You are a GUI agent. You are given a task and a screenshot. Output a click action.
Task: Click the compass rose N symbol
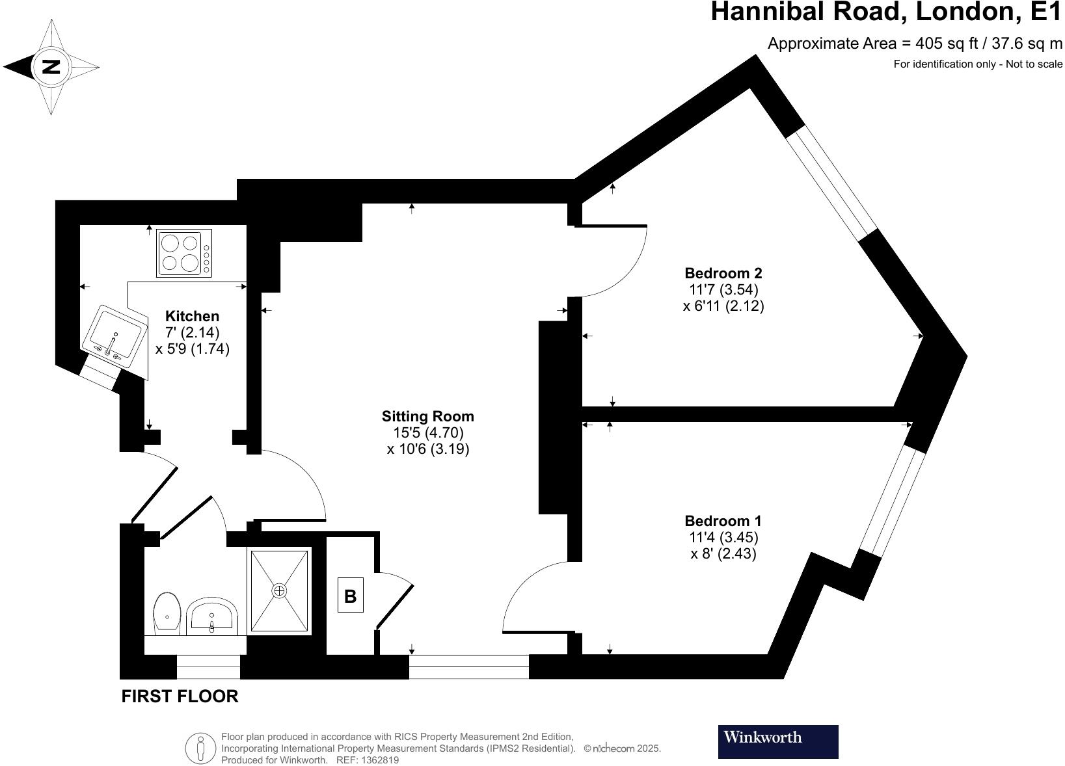coord(51,66)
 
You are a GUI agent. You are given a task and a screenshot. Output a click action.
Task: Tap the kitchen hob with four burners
coord(183,254)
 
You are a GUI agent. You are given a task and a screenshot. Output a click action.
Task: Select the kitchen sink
coord(115,336)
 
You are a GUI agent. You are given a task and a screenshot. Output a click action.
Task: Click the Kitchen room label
coord(192,316)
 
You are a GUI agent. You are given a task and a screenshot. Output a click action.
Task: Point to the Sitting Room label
coord(427,416)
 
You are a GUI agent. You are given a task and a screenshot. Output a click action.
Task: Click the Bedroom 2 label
coord(723,273)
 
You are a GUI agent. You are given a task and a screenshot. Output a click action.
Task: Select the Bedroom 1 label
coord(723,521)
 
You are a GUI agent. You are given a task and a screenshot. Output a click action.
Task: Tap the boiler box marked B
coord(350,596)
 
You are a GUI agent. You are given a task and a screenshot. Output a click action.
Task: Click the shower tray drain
coord(279,590)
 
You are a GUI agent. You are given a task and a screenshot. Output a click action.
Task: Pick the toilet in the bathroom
coord(167,612)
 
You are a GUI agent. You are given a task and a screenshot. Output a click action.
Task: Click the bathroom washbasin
coord(212,616)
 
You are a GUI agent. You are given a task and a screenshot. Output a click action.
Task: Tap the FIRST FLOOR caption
coord(180,696)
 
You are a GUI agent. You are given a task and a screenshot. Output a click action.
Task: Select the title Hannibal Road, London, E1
coord(886,12)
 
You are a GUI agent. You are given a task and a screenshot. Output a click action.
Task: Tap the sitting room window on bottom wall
coord(468,667)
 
